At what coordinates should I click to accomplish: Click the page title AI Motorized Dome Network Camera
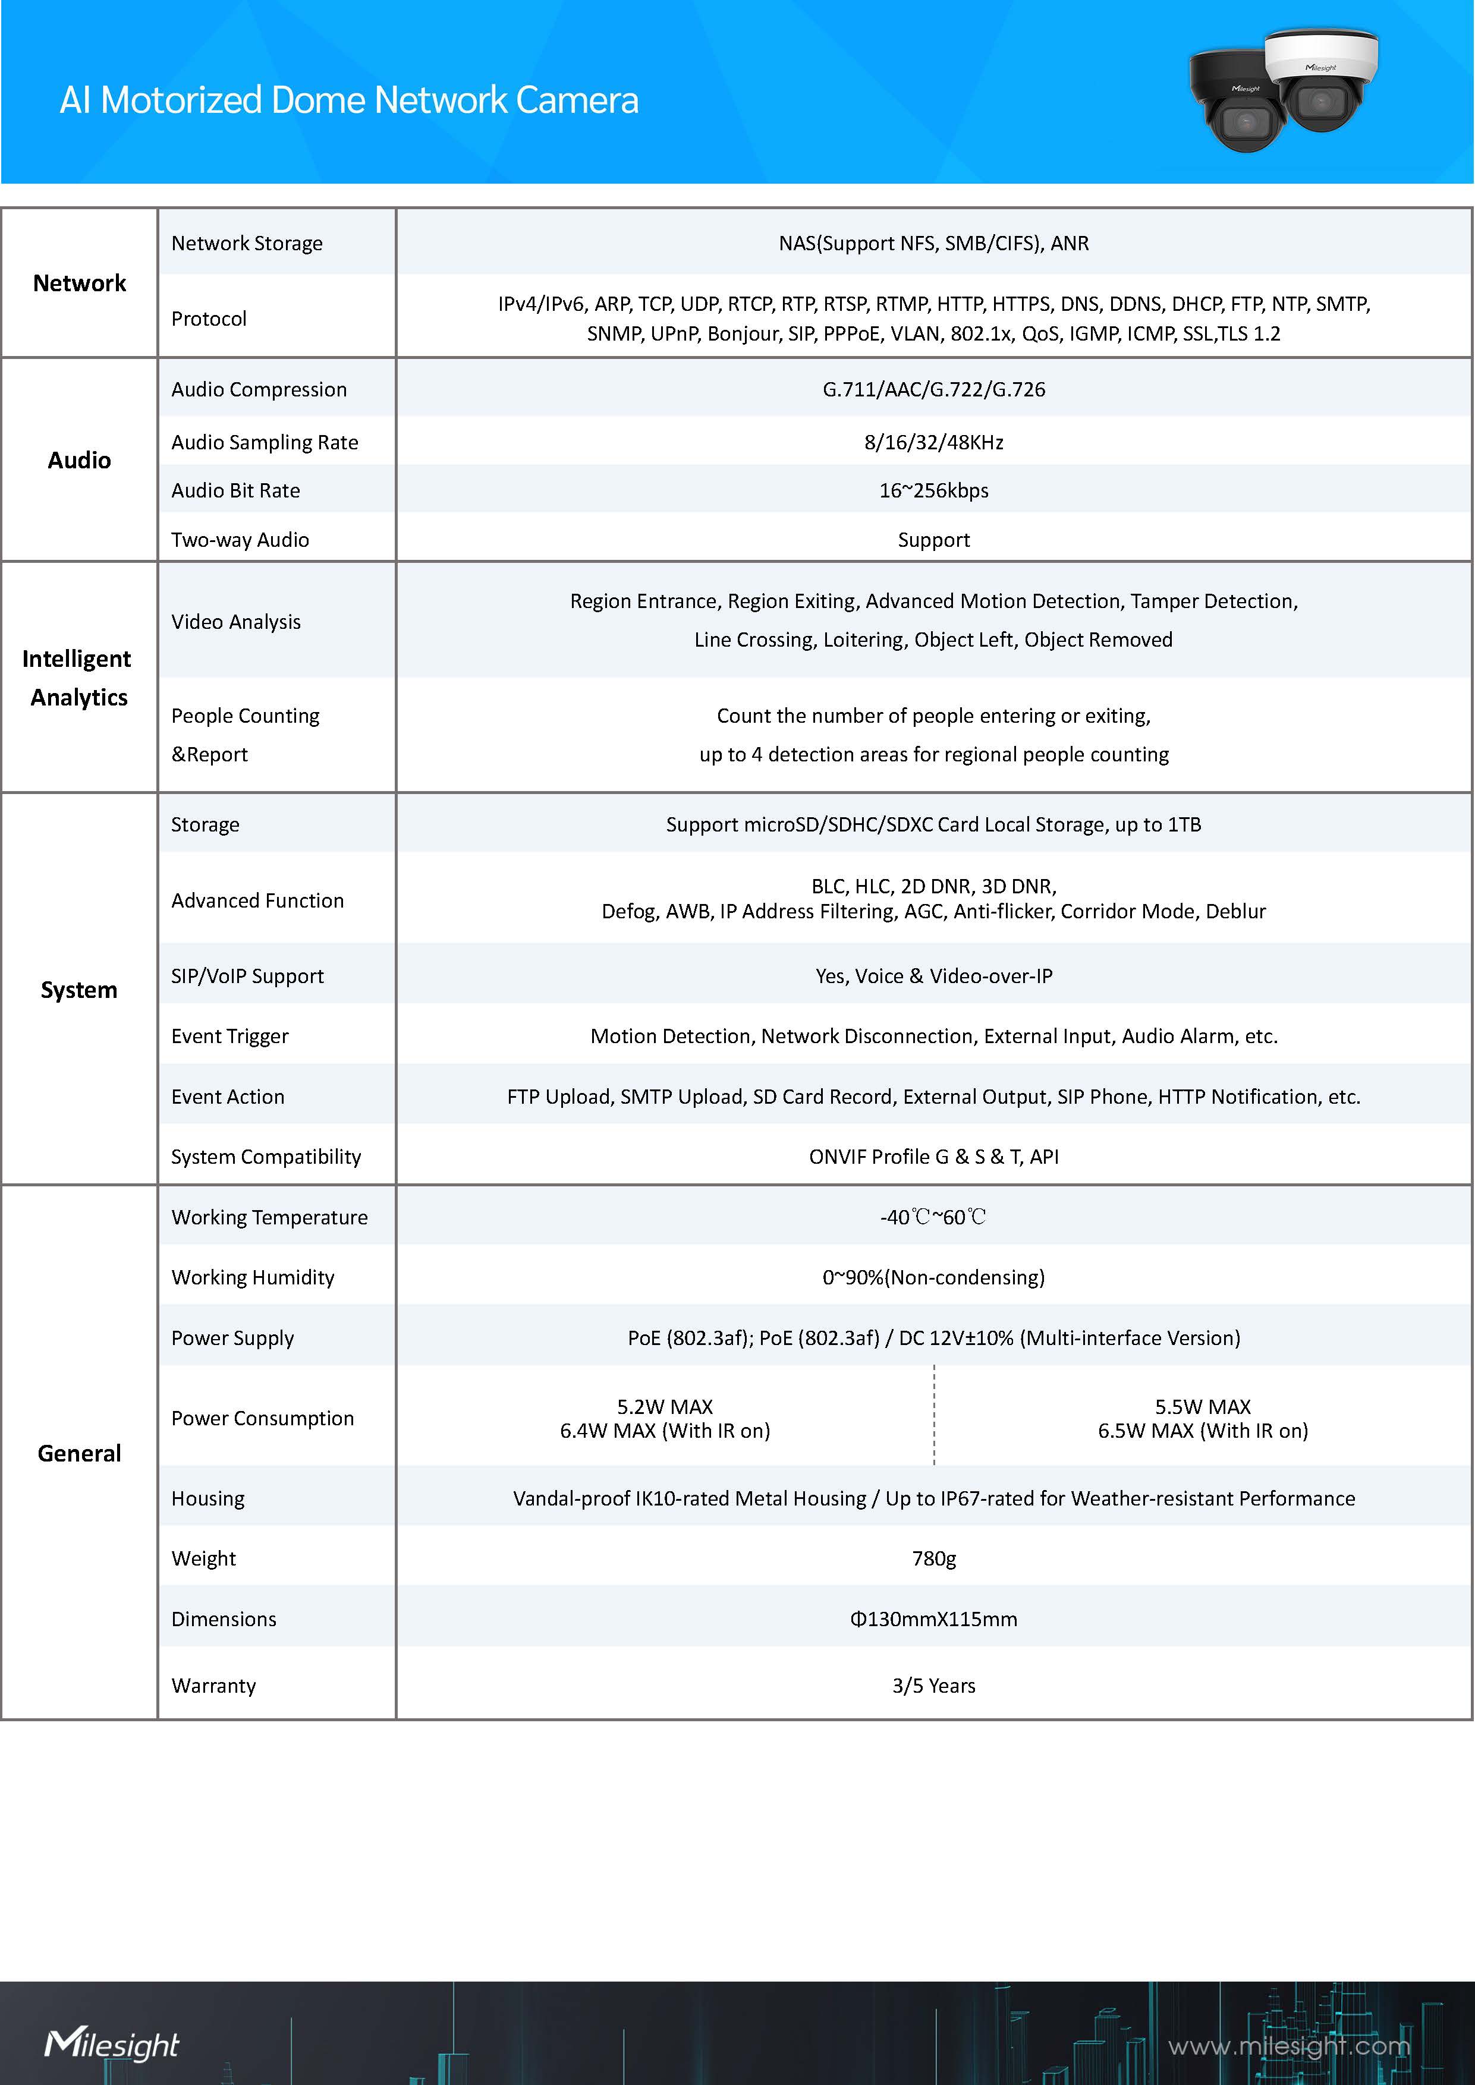[x=349, y=100]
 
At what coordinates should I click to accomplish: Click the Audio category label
[x=79, y=461]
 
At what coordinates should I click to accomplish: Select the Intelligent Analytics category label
[x=78, y=678]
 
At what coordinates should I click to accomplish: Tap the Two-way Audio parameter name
[x=240, y=540]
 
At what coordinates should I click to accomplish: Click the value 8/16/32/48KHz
[x=933, y=442]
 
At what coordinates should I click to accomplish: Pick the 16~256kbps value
[x=933, y=490]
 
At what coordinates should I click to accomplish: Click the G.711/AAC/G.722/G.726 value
[x=933, y=389]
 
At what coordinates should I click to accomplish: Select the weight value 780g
[x=933, y=1558]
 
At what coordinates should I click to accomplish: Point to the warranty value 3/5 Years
[x=933, y=1686]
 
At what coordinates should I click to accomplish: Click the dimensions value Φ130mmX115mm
[x=933, y=1619]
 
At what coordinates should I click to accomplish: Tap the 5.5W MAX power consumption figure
[x=1203, y=1407]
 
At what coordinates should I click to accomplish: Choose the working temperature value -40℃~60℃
[x=933, y=1217]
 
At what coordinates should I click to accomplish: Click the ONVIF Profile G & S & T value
[x=933, y=1157]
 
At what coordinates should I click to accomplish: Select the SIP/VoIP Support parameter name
[x=247, y=976]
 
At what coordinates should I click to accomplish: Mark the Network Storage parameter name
[x=247, y=243]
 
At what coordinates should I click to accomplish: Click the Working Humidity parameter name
[x=253, y=1278]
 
